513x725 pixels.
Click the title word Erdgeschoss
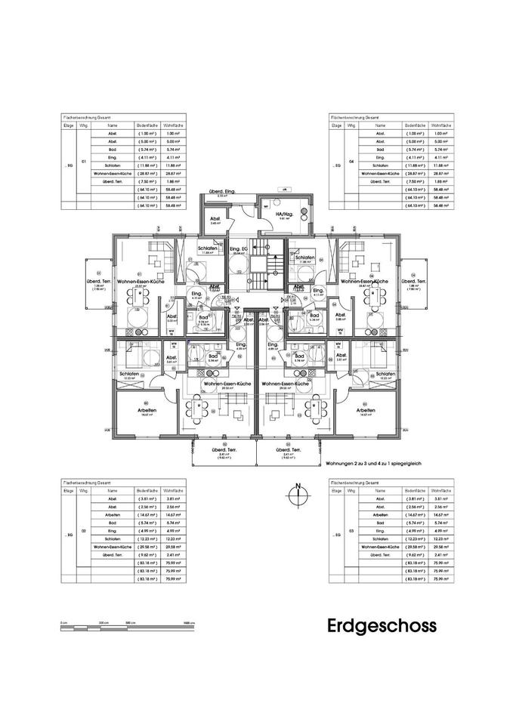tap(382, 625)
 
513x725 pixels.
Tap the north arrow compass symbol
tap(299, 494)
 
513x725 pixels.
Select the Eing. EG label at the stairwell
tap(240, 249)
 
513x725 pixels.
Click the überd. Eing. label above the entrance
tap(221, 193)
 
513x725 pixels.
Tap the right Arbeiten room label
tap(367, 410)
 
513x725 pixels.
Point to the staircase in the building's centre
tap(259, 273)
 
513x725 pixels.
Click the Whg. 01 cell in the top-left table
tap(84, 162)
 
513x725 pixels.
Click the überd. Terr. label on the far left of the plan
tap(97, 282)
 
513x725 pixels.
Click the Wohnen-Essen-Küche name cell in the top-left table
tap(113, 173)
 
